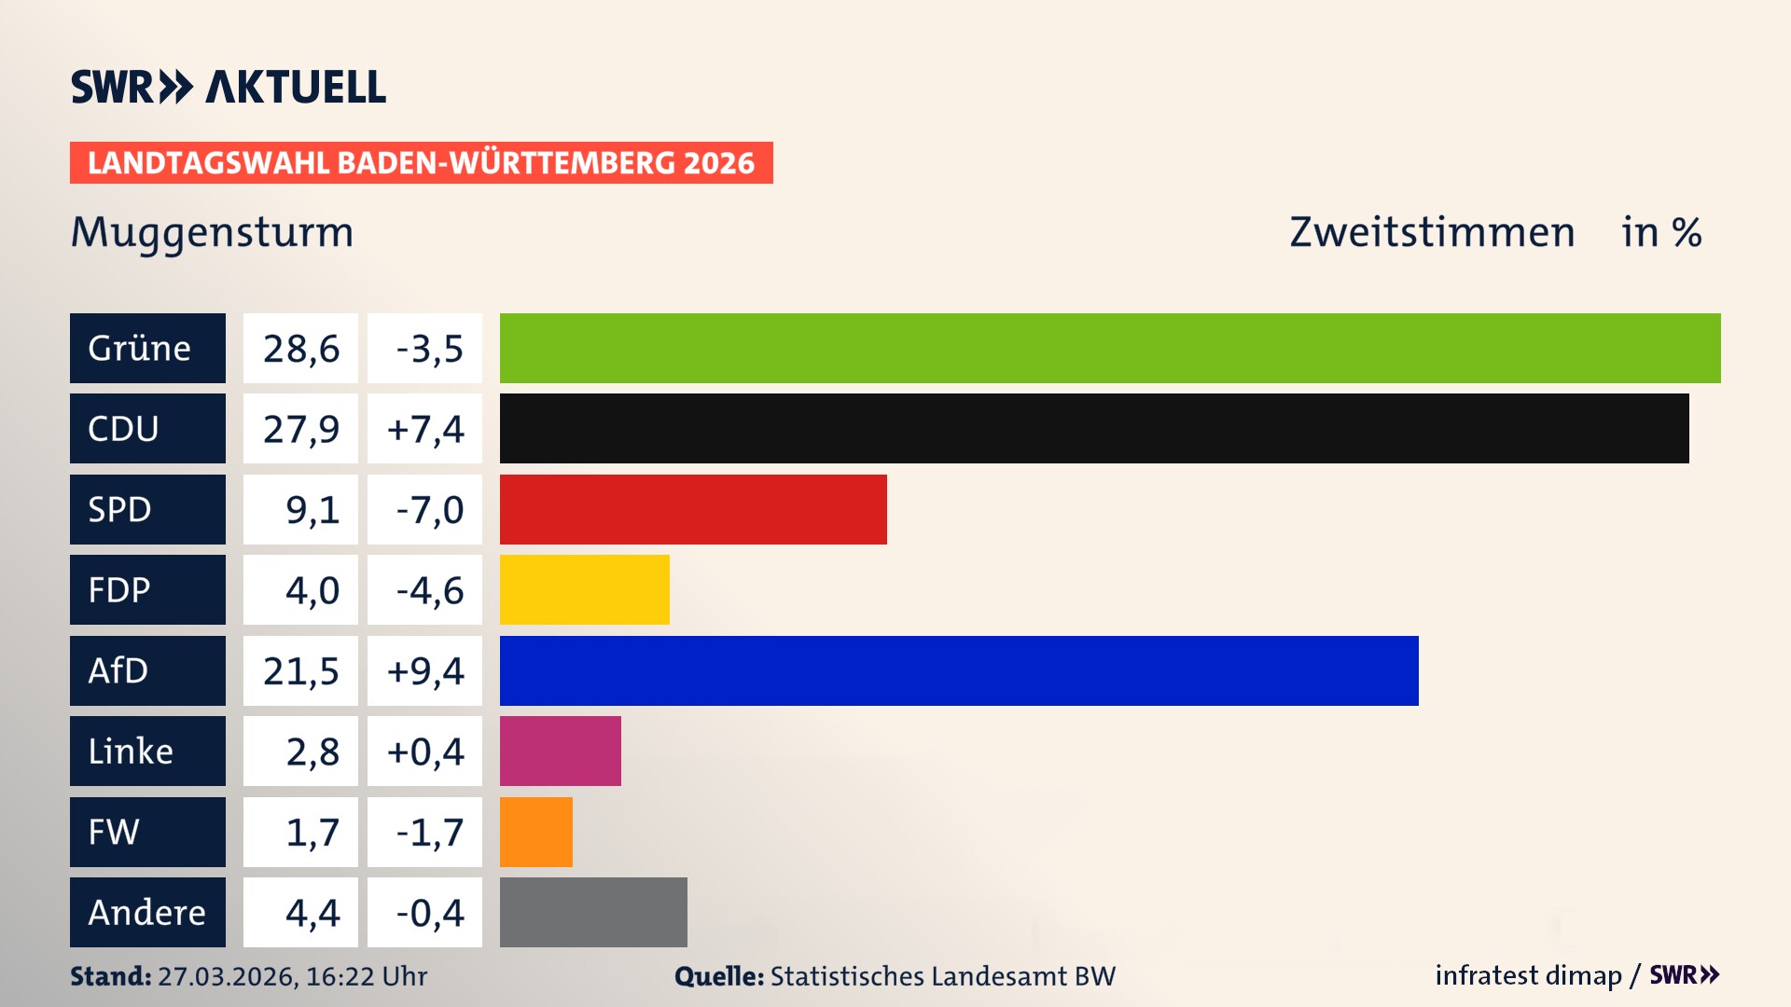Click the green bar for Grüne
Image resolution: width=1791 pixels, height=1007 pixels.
(1110, 348)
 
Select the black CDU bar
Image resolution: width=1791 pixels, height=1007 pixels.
(1094, 428)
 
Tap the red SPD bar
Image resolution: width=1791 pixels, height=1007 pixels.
(693, 509)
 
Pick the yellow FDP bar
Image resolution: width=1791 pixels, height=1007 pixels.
(585, 589)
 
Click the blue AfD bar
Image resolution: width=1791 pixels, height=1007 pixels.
(959, 670)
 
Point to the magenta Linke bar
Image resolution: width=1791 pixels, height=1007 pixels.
(561, 751)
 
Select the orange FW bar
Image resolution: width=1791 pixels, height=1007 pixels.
(536, 832)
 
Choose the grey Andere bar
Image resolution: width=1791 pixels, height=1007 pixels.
(593, 912)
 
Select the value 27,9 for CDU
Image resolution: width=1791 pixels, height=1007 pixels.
(300, 429)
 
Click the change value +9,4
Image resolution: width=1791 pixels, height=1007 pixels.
(424, 670)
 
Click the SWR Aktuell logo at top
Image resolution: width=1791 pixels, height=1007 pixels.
(229, 87)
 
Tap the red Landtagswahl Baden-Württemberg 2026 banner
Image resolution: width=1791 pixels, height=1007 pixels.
(421, 162)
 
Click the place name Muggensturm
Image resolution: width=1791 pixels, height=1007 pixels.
(213, 232)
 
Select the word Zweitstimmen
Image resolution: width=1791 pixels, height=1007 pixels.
(1432, 232)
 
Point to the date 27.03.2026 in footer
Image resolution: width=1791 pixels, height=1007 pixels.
(227, 976)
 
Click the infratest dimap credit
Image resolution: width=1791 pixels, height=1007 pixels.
(1527, 975)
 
